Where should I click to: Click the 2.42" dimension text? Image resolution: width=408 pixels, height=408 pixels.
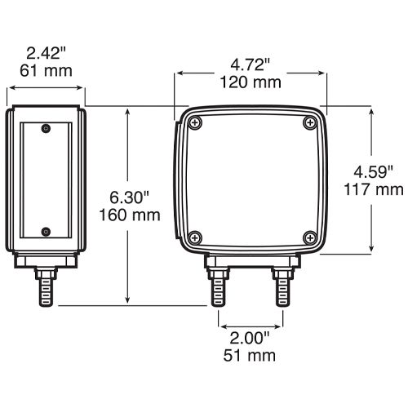pos(47,53)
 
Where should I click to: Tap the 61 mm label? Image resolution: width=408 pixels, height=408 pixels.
pos(47,71)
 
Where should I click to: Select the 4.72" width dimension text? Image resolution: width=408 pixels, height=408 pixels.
pos(251,65)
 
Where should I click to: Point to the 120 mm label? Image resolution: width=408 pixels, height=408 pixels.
pos(251,82)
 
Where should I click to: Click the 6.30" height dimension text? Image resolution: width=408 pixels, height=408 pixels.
pos(130,197)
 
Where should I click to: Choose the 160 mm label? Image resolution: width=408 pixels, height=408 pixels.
pos(130,215)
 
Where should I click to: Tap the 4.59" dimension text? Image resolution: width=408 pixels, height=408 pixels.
pos(373,172)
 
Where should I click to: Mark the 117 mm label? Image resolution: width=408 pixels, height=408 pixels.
pos(374,189)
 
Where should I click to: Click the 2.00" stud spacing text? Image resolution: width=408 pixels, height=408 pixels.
pos(250,338)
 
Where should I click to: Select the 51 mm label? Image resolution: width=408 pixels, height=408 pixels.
pos(250,356)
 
